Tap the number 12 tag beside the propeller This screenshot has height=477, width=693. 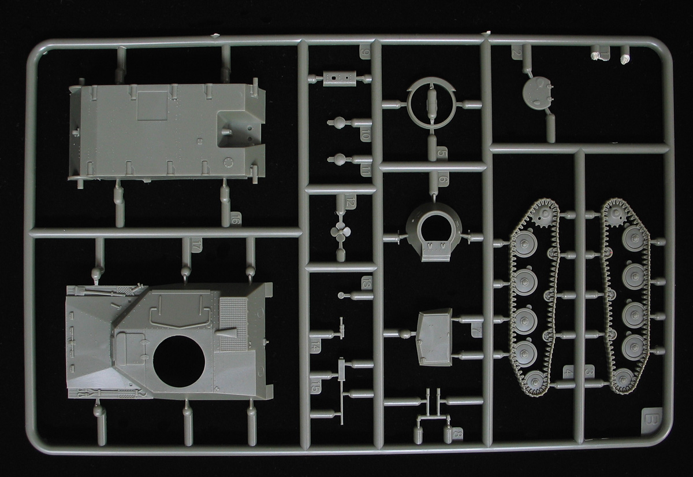pyautogui.click(x=350, y=202)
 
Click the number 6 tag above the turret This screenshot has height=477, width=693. pyautogui.click(x=442, y=180)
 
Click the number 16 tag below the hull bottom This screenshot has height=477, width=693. pyautogui.click(x=234, y=218)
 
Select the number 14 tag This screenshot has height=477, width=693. pyautogui.click(x=315, y=346)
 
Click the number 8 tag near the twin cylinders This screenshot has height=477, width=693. pyautogui.click(x=457, y=432)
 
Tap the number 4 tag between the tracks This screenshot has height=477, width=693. pyautogui.click(x=568, y=372)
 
